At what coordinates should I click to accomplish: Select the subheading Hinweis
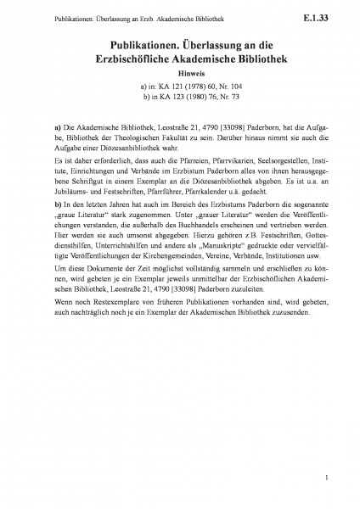coord(179,73)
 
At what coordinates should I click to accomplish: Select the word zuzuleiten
coord(217,290)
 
